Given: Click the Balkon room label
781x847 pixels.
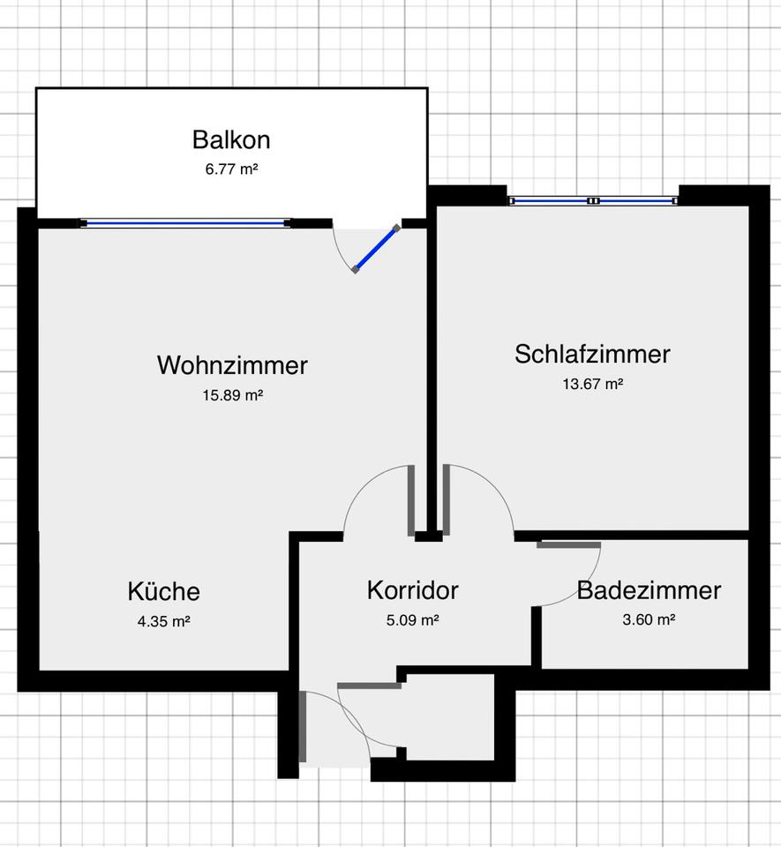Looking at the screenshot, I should pos(230,139).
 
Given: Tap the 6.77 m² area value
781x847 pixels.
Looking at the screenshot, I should pos(230,168).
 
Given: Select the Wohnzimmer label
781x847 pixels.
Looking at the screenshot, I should pos(232,364).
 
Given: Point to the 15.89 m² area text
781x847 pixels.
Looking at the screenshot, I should pos(233,395).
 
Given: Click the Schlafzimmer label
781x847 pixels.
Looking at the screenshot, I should pos(592,354).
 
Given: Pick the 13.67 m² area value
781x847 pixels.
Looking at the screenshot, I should pos(593,384).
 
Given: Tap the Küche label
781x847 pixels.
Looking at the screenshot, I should pos(163,591).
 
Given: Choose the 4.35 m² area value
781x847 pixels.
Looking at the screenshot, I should pos(163,620).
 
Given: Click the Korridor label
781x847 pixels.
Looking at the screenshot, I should pos(413,590).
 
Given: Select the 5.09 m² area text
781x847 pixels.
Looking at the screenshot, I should pos(413,619).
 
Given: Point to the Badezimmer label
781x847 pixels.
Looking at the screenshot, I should pos(649,590).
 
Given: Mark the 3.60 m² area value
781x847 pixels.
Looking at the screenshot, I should pos(649,619).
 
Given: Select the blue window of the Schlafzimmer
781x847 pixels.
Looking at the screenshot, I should pos(593,200).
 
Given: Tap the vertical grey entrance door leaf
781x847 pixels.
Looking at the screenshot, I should pos(303,727).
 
